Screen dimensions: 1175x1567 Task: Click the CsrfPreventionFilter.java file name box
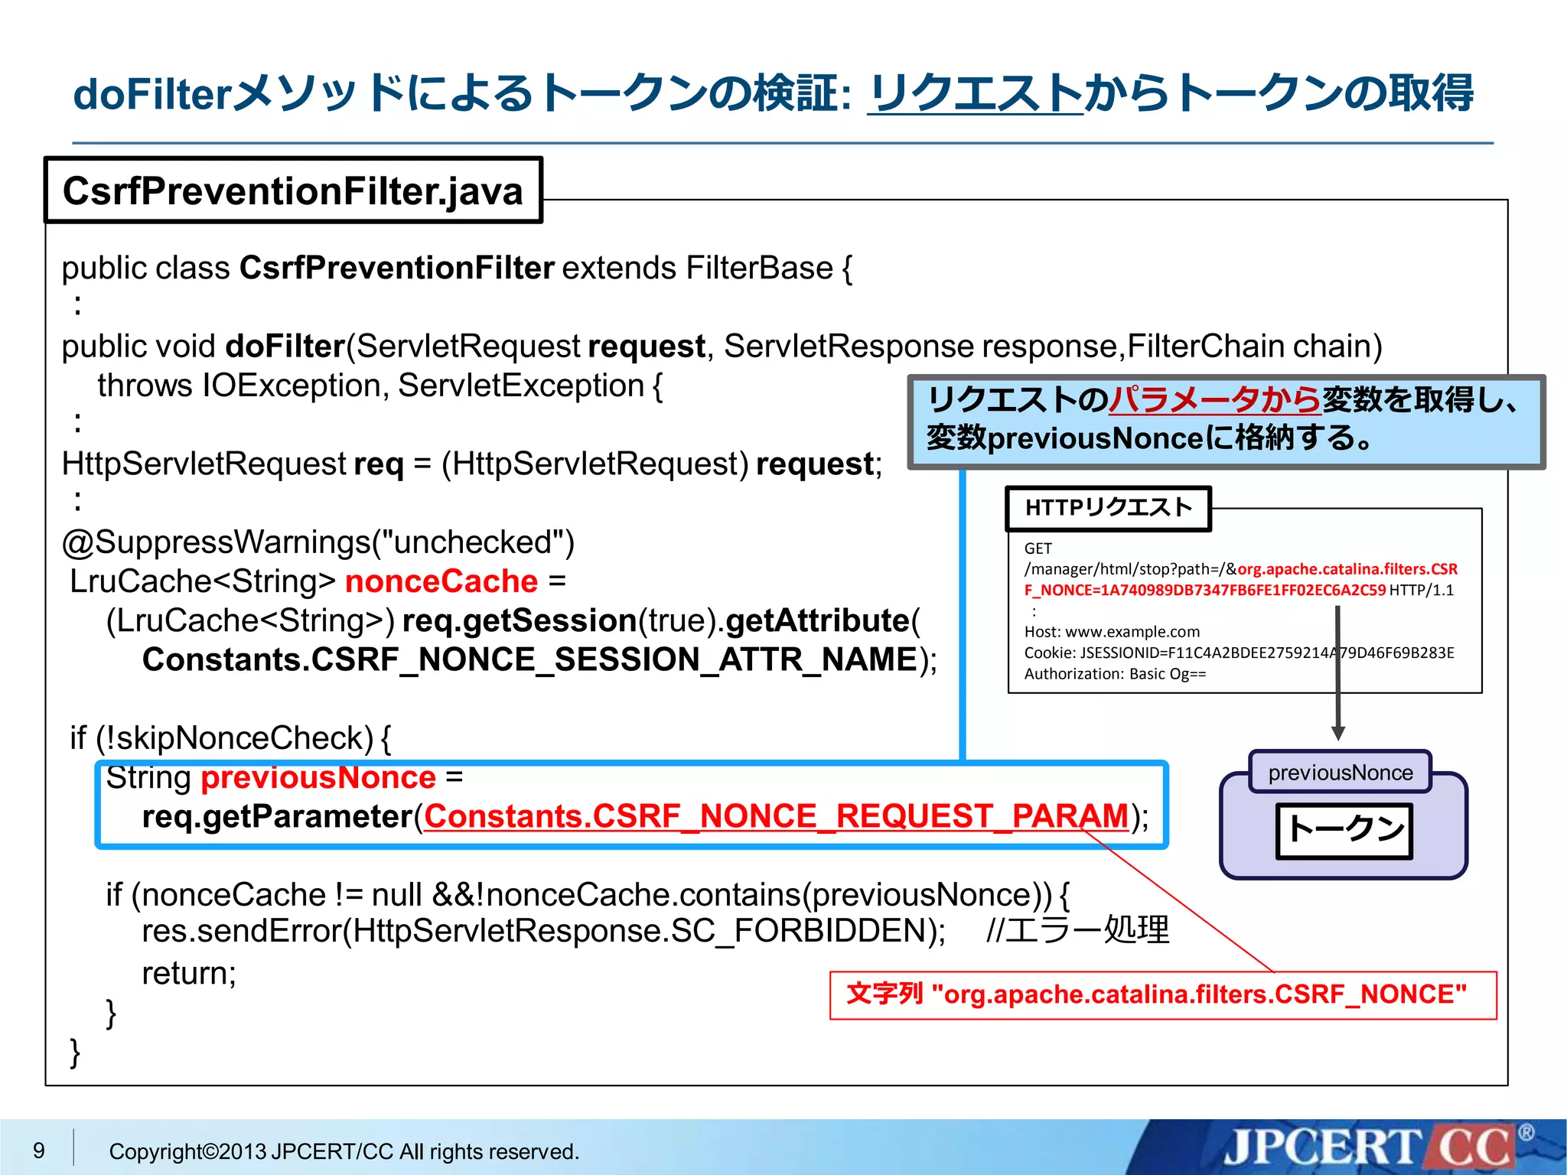point(293,190)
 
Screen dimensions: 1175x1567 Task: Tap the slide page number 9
point(39,1150)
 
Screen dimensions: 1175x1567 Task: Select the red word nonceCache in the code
point(441,581)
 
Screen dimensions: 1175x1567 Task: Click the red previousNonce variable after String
point(318,777)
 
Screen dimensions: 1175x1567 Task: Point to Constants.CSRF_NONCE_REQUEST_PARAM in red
point(776,816)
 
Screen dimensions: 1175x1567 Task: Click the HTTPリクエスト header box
point(1108,508)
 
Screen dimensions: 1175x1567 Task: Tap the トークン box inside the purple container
point(1344,830)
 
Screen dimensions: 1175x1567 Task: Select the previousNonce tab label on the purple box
point(1340,773)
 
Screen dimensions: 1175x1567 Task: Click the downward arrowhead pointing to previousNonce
point(1338,732)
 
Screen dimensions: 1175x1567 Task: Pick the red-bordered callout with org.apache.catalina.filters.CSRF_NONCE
point(1162,994)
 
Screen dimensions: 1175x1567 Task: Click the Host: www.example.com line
point(1112,632)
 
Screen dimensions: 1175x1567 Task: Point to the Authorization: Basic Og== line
point(1115,674)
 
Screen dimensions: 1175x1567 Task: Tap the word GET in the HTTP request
point(1038,548)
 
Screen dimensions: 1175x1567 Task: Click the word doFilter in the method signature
point(285,347)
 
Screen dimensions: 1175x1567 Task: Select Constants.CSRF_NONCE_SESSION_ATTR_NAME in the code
point(529,659)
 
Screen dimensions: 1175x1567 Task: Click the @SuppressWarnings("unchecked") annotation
point(318,542)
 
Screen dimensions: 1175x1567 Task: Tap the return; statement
point(189,973)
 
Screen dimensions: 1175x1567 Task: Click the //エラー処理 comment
point(1077,931)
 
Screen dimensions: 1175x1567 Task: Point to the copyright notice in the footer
point(344,1151)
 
